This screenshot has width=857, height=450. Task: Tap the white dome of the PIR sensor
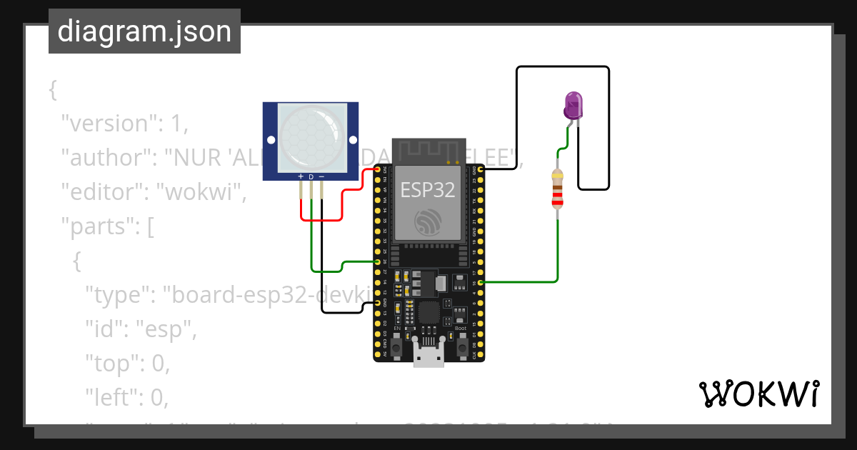311,136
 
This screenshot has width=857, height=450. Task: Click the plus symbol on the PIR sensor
301,176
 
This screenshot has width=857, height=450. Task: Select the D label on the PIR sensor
311,176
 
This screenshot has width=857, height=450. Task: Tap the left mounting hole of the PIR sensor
271,139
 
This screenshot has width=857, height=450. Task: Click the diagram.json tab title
144,31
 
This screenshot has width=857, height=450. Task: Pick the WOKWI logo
758,394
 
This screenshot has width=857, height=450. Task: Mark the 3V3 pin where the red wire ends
378,169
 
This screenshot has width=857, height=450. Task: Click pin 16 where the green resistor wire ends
481,283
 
